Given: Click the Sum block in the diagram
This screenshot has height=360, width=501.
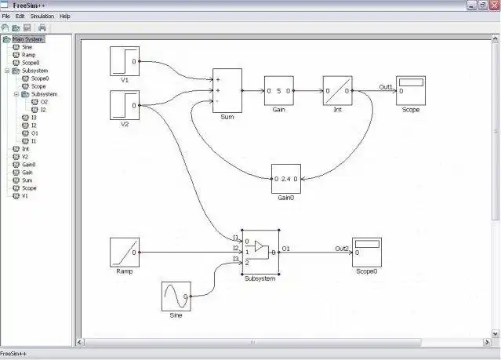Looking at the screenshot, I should [227, 90].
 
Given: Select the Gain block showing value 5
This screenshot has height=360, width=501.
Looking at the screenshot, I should [278, 91].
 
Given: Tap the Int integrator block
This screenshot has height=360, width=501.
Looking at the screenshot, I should [337, 91].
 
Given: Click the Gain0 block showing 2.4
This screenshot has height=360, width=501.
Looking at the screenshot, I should [285, 179].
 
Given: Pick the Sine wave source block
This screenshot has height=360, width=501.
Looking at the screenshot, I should [176, 296].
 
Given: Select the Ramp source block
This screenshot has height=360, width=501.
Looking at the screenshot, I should [125, 253].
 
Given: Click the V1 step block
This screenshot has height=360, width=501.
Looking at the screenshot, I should [125, 60].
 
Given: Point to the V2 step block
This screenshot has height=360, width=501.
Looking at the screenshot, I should [125, 105].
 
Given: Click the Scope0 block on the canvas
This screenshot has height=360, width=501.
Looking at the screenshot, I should [366, 253].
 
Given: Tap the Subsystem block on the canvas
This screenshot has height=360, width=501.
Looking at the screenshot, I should [260, 252].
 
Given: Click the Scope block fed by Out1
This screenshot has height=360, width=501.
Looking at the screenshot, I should [410, 91].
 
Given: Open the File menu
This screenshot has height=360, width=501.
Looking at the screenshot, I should [6, 16].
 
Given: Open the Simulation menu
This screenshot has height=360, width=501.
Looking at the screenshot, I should [42, 16].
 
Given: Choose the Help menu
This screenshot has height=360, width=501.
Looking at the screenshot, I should [65, 16].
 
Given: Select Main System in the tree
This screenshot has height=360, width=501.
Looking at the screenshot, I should [27, 39].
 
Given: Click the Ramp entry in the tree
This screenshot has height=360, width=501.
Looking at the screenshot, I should [28, 55].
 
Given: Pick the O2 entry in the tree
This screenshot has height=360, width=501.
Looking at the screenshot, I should [44, 102].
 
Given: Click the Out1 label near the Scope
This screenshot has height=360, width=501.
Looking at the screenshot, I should [386, 87].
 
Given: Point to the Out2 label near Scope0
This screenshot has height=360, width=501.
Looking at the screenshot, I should [342, 249].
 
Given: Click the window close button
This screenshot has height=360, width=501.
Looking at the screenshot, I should [493, 5].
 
